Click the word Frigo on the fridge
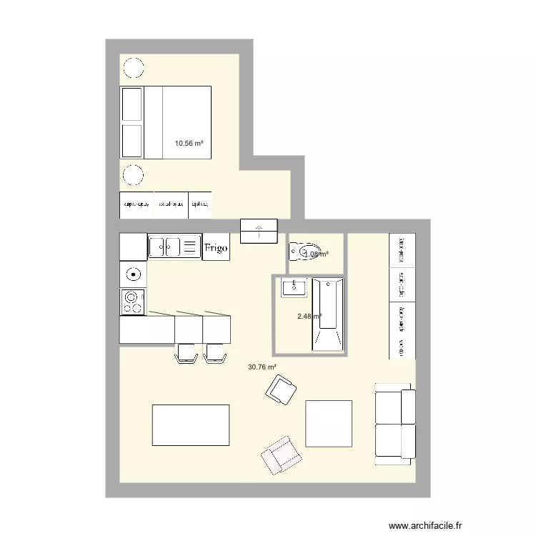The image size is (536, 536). pyautogui.click(x=216, y=248)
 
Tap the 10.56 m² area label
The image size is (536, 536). pyautogui.click(x=189, y=143)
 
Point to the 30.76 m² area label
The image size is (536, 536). pyautogui.click(x=262, y=367)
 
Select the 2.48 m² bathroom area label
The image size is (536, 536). pyautogui.click(x=309, y=317)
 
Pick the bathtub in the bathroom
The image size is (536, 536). pyautogui.click(x=328, y=314)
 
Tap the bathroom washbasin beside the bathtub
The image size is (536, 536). pyautogui.click(x=294, y=288)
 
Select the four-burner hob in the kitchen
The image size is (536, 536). pyautogui.click(x=132, y=302)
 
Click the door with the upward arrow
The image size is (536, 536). pyautogui.click(x=259, y=231)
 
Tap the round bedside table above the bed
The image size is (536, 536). pyautogui.click(x=133, y=68)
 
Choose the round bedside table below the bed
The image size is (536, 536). pyautogui.click(x=133, y=175)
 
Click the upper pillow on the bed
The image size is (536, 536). pyautogui.click(x=133, y=104)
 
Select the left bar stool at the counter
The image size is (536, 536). pyautogui.click(x=187, y=353)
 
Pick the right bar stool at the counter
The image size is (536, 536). pyautogui.click(x=215, y=353)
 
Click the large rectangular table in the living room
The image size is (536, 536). pyautogui.click(x=191, y=425)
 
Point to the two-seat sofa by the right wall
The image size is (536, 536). pyautogui.click(x=394, y=424)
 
